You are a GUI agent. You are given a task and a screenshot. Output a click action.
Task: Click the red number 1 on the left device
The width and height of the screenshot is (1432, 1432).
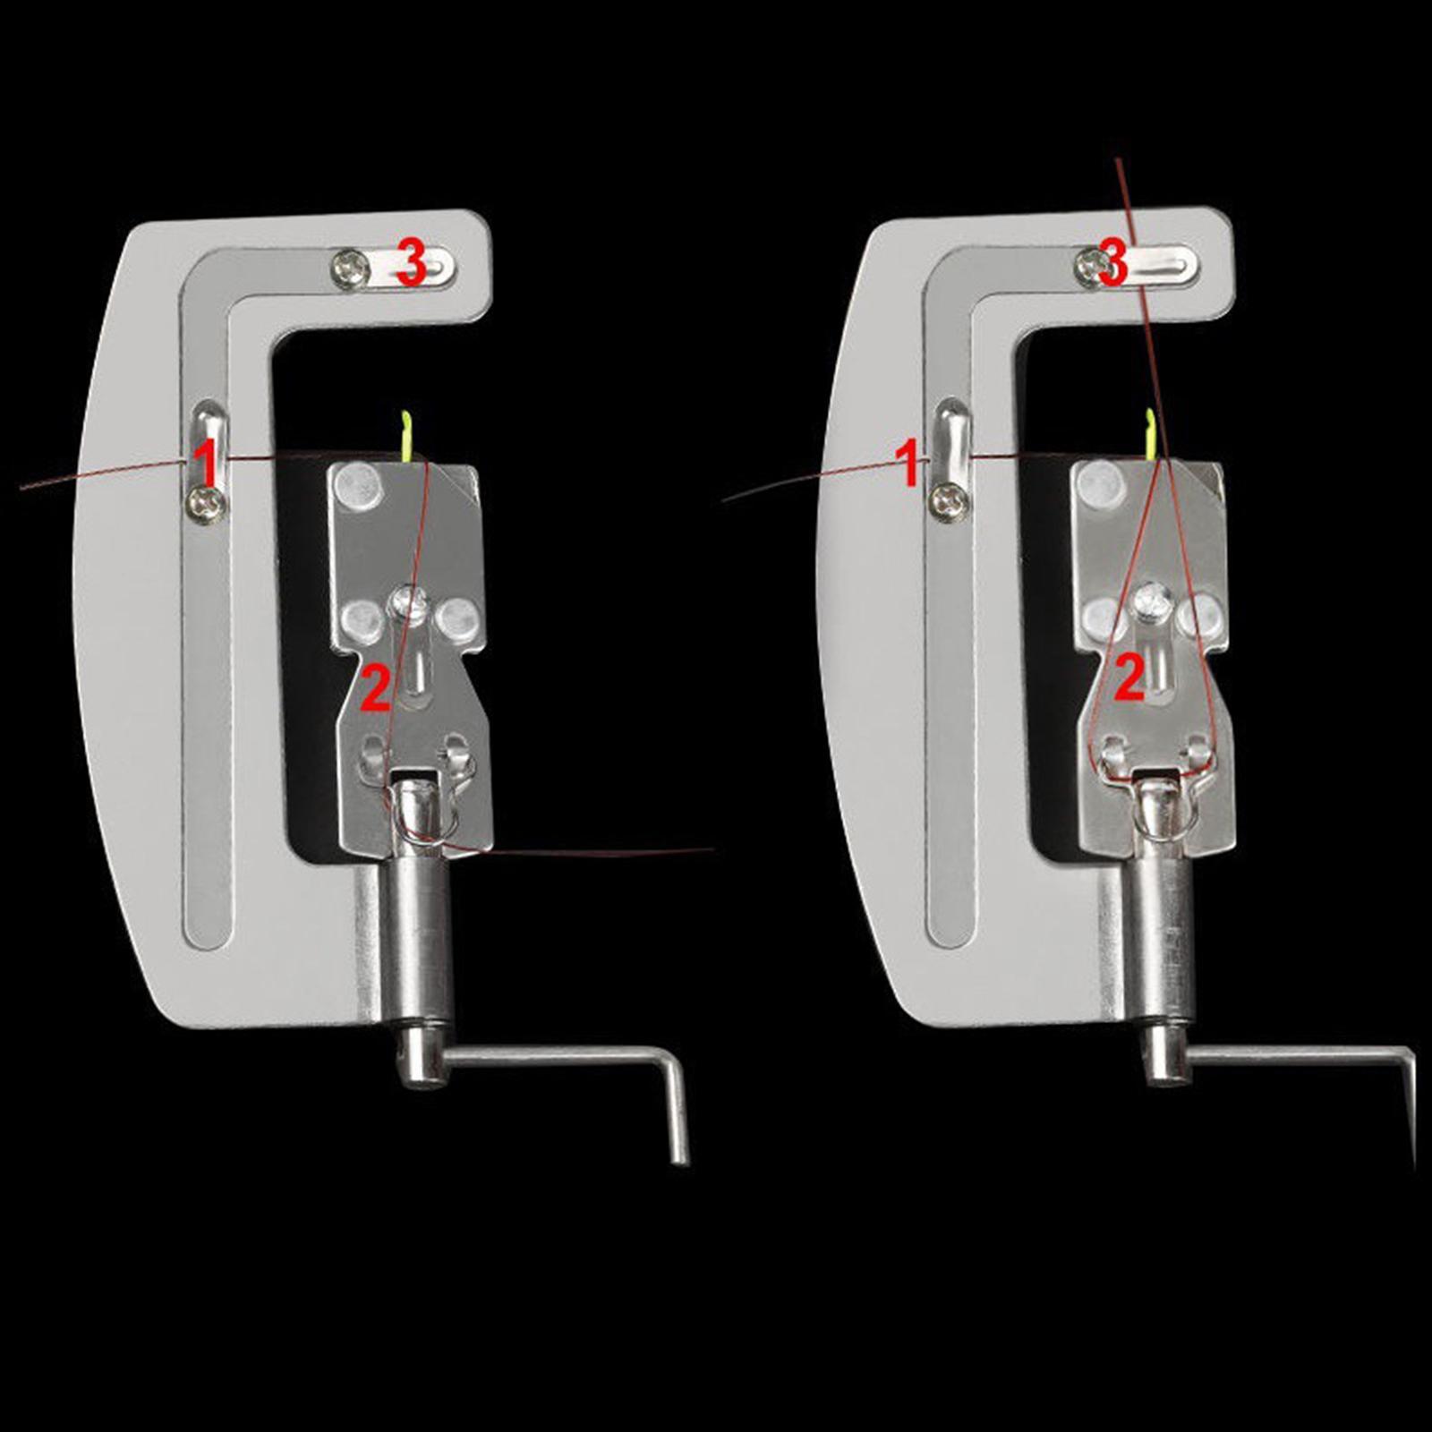(205, 464)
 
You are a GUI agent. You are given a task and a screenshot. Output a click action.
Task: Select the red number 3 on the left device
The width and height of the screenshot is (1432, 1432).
(411, 264)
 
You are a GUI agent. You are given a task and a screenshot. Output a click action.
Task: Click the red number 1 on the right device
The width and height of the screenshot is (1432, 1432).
(909, 465)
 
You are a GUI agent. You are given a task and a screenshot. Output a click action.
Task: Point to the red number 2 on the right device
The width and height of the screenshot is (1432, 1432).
(1129, 678)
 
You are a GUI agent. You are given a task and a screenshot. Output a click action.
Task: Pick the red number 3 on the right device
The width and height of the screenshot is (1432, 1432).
(1112, 262)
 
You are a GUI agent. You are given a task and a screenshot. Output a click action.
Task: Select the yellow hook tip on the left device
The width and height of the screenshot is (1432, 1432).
(407, 413)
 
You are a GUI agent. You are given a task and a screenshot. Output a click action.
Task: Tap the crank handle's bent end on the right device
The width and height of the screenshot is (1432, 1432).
(1409, 1105)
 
